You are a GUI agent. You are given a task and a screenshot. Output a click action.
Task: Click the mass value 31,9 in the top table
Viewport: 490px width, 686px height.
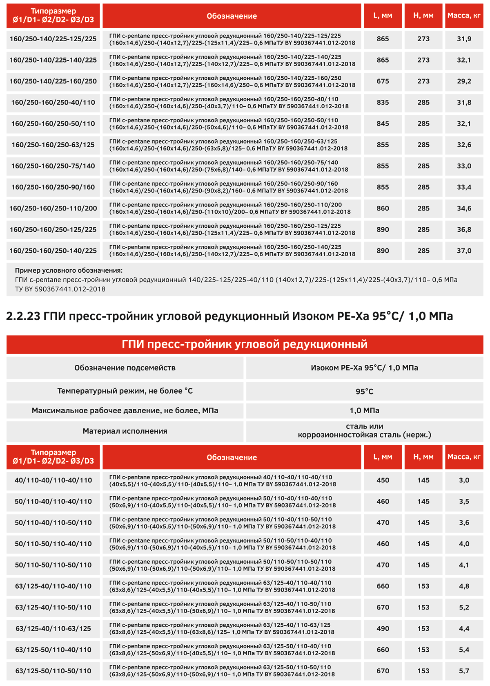tap(464, 39)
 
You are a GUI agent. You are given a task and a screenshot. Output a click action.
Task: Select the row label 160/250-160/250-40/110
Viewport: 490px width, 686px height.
tap(53, 102)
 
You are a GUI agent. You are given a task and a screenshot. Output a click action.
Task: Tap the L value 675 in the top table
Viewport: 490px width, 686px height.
tap(383, 81)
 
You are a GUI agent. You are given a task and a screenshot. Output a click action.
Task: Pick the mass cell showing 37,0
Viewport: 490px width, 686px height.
tap(464, 251)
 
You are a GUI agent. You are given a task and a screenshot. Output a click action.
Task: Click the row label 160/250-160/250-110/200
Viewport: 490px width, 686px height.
tap(53, 208)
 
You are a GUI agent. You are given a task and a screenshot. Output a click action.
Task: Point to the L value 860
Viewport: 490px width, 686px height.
tap(383, 208)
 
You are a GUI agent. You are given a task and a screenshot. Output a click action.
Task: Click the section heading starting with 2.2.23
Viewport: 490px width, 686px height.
tap(229, 316)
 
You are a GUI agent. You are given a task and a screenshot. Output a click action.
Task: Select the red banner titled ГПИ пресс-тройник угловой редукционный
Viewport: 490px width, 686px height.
tap(245, 344)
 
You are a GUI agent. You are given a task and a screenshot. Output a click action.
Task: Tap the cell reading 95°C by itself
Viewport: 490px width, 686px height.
tap(364, 392)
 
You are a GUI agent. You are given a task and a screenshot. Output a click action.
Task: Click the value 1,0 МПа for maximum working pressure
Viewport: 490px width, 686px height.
tap(364, 410)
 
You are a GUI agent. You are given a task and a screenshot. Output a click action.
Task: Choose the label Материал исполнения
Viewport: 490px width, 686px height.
tap(125, 431)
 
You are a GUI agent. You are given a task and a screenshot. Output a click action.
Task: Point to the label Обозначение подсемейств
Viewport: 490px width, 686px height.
tap(125, 368)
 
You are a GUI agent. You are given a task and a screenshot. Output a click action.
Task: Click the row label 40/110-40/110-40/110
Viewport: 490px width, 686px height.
tap(53, 480)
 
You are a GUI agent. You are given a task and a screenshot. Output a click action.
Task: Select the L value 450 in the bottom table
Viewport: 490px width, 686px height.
tap(383, 480)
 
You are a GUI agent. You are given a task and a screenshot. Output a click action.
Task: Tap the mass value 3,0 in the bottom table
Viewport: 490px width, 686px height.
tap(464, 480)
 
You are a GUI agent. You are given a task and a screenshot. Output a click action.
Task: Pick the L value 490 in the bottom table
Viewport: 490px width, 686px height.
tap(383, 628)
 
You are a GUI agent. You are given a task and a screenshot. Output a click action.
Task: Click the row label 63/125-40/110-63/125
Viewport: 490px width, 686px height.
tap(53, 628)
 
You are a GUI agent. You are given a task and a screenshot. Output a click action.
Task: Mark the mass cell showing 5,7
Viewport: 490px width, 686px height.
tap(464, 671)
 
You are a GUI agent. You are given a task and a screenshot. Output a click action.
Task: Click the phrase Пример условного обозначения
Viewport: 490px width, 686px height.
tap(69, 271)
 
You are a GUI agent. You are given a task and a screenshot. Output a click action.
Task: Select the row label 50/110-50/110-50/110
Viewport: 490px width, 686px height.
tap(53, 565)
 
